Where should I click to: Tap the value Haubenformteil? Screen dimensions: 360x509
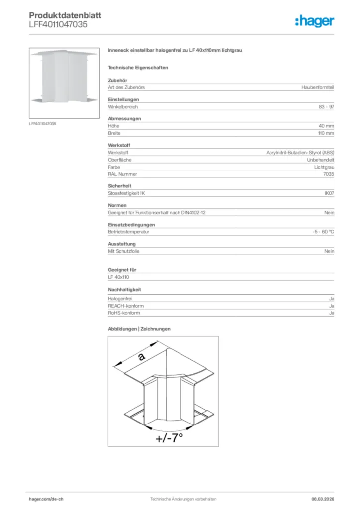318,87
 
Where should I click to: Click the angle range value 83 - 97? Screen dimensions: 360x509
326,107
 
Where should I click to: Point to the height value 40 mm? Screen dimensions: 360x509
326,126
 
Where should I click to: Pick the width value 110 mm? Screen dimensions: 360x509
326,133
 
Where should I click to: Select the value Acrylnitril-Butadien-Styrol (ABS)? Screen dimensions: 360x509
300,153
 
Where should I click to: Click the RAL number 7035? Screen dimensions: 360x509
329,174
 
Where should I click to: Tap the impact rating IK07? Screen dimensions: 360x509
329,193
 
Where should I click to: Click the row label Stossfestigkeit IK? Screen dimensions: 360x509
126,193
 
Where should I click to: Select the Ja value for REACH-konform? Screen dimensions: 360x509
332,306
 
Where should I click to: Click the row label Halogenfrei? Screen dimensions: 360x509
120,299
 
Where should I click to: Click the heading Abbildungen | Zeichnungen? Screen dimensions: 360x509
139,329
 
